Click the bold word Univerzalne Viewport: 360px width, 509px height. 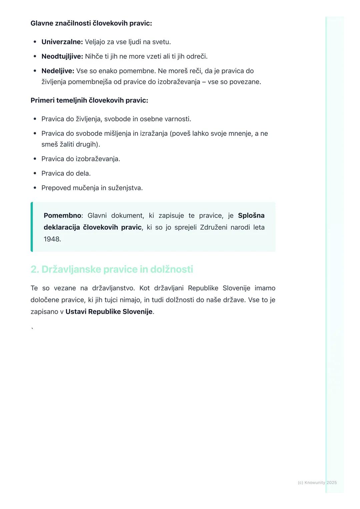(62, 42)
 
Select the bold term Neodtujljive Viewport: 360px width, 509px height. (62, 57)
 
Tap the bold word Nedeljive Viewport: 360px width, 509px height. (58, 71)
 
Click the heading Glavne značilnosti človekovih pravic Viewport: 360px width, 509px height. (91, 23)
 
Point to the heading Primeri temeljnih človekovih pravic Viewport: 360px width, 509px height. (89, 100)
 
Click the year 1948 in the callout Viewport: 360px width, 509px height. (52, 239)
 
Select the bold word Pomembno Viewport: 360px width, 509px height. (62, 216)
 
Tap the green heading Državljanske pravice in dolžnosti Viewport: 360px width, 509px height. (112, 269)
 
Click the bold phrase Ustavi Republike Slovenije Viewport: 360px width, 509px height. (109, 312)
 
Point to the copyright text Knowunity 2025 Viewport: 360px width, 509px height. (317, 482)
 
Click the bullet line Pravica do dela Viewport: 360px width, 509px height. (66, 174)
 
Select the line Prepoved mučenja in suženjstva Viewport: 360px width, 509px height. (92, 188)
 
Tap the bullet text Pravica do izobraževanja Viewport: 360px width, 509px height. (81, 159)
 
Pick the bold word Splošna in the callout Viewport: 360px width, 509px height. (251, 216)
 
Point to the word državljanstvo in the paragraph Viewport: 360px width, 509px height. (113, 288)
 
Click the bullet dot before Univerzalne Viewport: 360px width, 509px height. (35, 42)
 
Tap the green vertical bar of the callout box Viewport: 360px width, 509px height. (32, 227)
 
